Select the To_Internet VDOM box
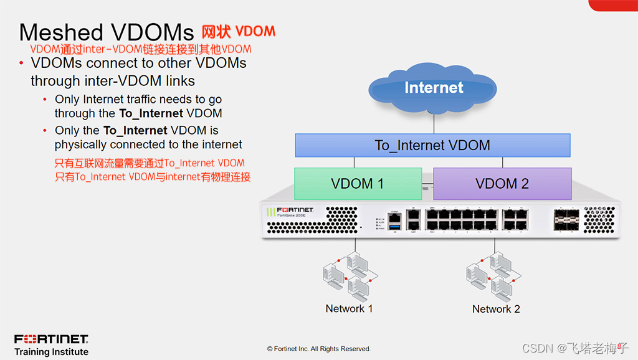pos(432,146)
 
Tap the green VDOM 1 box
pos(357,184)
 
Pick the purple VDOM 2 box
pos(502,184)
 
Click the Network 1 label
pos(349,309)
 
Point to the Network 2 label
pos(496,309)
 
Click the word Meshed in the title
pos(60,33)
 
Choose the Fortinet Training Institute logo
pos(51,345)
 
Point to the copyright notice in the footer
pos(319,349)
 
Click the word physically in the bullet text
pos(80,144)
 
